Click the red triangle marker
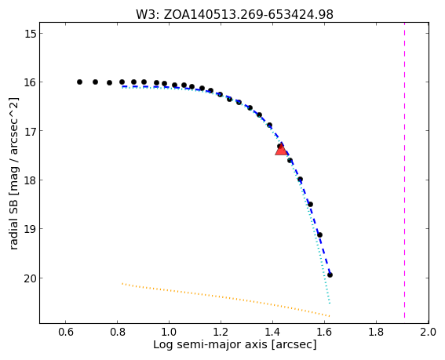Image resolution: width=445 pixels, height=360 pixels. [x=281, y=150]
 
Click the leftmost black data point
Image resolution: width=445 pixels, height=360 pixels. [x=79, y=82]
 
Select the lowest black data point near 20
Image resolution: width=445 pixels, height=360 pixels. [x=330, y=275]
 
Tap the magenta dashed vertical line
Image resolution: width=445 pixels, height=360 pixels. [x=404, y=173]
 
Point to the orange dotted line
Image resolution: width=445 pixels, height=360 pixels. [x=225, y=300]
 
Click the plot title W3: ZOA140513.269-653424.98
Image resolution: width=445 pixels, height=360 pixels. [x=235, y=14]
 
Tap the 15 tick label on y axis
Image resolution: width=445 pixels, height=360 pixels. [x=30, y=34]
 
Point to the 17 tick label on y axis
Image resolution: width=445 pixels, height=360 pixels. [x=30, y=131]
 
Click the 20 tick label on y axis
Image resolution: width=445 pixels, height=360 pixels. [x=30, y=278]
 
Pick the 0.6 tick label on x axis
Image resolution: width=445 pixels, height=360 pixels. [x=66, y=332]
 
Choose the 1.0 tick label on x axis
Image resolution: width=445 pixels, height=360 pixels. [x=170, y=332]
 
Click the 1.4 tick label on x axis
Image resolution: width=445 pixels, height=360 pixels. [x=273, y=332]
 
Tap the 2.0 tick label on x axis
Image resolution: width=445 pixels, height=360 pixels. [x=428, y=332]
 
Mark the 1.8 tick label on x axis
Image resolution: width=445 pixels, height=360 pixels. [x=376, y=332]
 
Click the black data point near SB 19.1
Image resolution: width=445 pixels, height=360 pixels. [x=319, y=235]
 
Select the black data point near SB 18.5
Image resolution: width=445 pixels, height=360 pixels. [x=311, y=204]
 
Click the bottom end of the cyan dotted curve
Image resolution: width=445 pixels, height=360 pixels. [x=330, y=304]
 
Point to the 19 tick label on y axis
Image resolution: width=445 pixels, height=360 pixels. [x=30, y=229]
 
